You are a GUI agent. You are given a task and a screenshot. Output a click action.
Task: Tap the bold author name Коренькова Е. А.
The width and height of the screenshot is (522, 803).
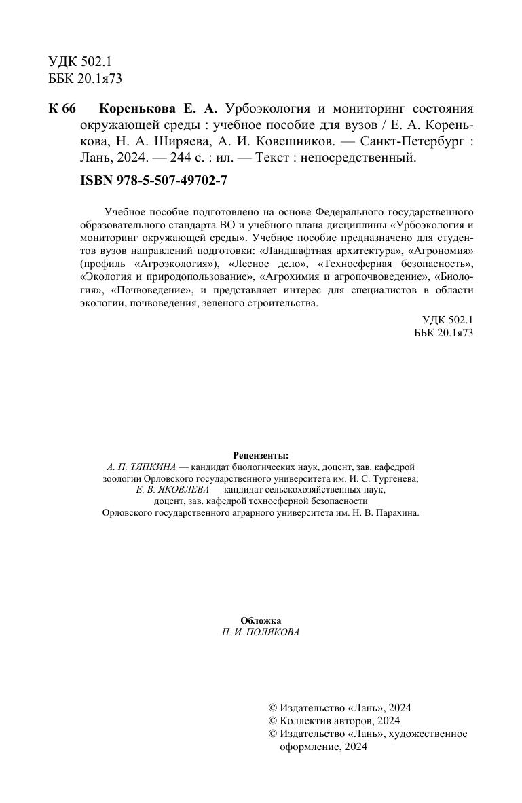(x=157, y=109)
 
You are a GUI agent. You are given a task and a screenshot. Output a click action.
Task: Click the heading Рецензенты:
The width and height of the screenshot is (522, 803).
(x=261, y=455)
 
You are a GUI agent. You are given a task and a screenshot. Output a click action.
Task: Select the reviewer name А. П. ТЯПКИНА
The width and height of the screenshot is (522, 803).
(x=143, y=467)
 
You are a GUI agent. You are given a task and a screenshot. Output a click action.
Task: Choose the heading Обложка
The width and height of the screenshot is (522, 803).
(x=261, y=620)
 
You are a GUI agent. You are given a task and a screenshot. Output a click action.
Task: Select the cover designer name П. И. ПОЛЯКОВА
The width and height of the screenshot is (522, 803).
(x=261, y=632)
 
